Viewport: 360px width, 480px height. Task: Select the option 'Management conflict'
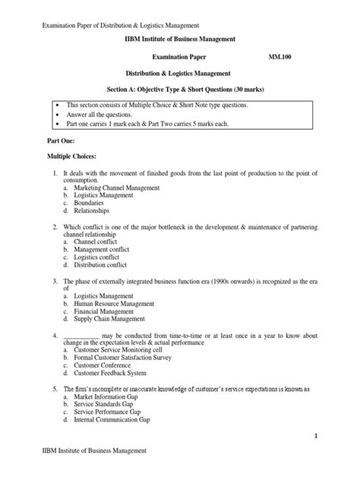(x=108, y=250)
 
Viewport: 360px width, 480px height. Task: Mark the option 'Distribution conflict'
(x=108, y=266)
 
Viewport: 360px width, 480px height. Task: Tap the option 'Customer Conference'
(x=107, y=365)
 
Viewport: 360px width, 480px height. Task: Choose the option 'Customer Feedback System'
(x=116, y=374)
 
